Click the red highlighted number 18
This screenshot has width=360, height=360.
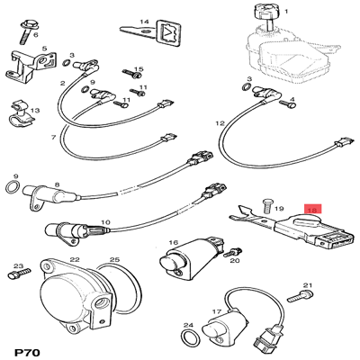coord(313,209)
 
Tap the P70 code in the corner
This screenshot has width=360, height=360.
coord(27,353)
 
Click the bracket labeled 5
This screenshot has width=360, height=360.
coord(31,64)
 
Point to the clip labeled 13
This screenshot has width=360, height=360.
coord(20,113)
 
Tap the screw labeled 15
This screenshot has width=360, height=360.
coord(132,73)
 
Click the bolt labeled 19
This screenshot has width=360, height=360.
coord(267,207)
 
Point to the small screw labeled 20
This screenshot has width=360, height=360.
coord(234,251)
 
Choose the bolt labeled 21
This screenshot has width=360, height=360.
coord(301,296)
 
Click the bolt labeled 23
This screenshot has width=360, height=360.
coord(19,273)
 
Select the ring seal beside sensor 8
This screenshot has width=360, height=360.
coord(13,188)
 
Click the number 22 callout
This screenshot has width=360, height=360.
coord(74,259)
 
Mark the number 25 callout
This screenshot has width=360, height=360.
coord(114,259)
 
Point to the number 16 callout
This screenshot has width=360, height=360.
coord(174,242)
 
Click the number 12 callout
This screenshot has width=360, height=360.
coord(220,123)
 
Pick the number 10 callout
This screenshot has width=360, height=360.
coord(105,222)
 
